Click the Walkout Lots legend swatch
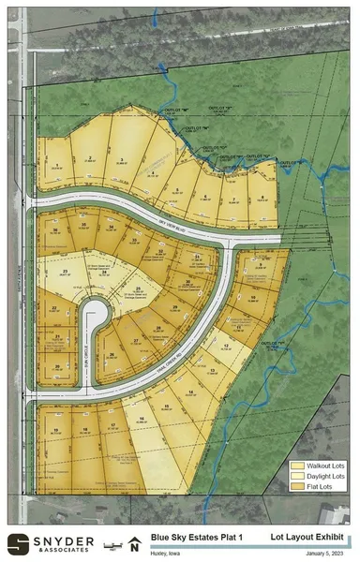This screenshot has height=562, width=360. tap(299, 466)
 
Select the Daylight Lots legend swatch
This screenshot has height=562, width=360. tap(299, 477)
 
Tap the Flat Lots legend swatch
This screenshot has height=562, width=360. tap(299, 488)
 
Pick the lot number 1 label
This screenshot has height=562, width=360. tap(58, 165)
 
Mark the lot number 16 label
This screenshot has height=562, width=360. tap(141, 418)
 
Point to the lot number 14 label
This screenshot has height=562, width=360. tap(191, 391)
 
